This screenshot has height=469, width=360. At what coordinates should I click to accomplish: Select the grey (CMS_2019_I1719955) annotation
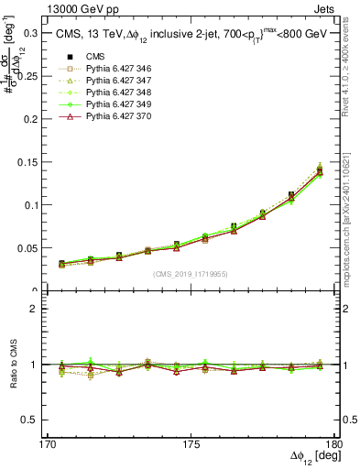[191, 273]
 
